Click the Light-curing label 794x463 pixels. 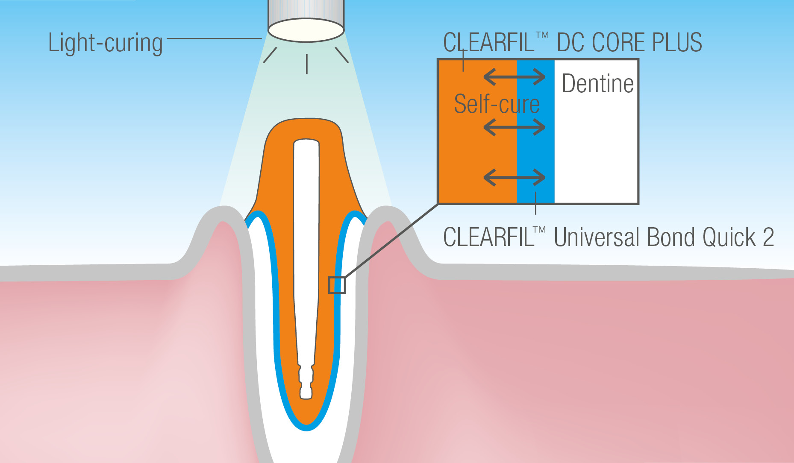pyautogui.click(x=105, y=44)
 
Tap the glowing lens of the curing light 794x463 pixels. pyautogui.click(x=306, y=30)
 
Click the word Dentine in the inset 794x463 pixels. pyautogui.click(x=597, y=83)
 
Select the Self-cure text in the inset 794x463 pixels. pyautogui.click(x=497, y=104)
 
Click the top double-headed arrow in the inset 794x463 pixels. pyautogui.click(x=515, y=77)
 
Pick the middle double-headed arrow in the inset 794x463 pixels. pyautogui.click(x=515, y=127)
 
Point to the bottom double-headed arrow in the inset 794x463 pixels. pyautogui.click(x=515, y=177)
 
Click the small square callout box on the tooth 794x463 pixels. pyautogui.click(x=337, y=285)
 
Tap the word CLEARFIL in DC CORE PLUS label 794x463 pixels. pyautogui.click(x=489, y=42)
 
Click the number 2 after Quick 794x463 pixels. pyautogui.click(x=768, y=237)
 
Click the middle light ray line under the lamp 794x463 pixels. pyautogui.click(x=306, y=64)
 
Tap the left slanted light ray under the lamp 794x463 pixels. pyautogui.click(x=270, y=55)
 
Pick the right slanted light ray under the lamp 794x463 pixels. pyautogui.click(x=342, y=55)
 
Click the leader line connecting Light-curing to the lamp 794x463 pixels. pyautogui.click(x=214, y=38)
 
